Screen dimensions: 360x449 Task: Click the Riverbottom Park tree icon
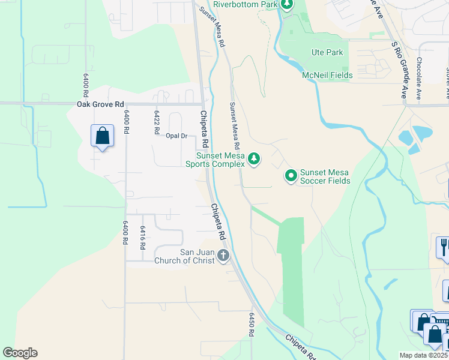287,5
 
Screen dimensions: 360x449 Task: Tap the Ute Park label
327,52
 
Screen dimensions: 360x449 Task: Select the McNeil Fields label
327,75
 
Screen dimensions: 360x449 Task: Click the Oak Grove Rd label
100,104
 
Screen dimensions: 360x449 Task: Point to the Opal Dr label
176,136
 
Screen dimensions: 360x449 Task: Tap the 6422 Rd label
157,121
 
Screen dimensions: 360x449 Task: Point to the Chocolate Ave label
419,77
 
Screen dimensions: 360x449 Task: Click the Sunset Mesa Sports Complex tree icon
255,158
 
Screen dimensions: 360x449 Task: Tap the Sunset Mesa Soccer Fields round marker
291,176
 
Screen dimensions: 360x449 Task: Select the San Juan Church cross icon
223,256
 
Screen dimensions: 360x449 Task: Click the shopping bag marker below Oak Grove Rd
102,136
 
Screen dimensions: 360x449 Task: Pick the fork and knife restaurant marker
444,247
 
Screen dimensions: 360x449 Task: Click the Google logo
20,353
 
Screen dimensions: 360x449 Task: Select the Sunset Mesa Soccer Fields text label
325,176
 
